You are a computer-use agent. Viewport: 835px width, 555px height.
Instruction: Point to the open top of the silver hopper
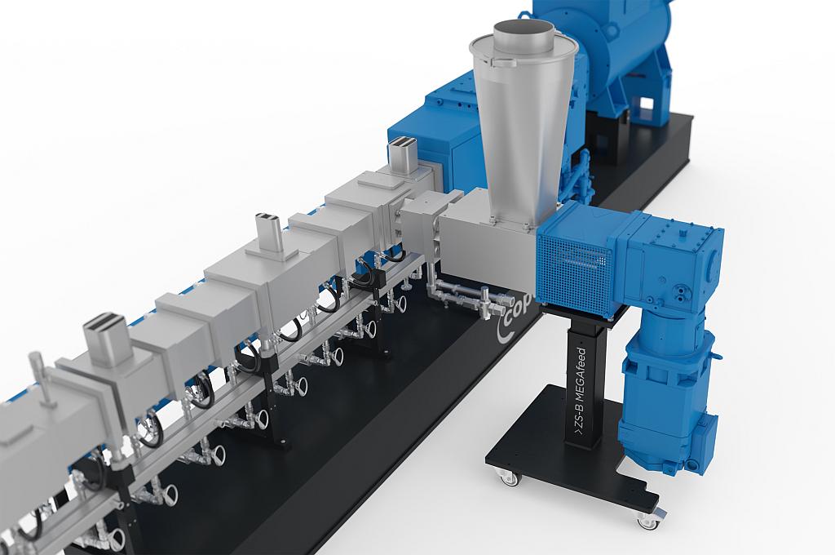[524, 34]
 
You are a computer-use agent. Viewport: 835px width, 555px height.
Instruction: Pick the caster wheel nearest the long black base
[510, 478]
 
